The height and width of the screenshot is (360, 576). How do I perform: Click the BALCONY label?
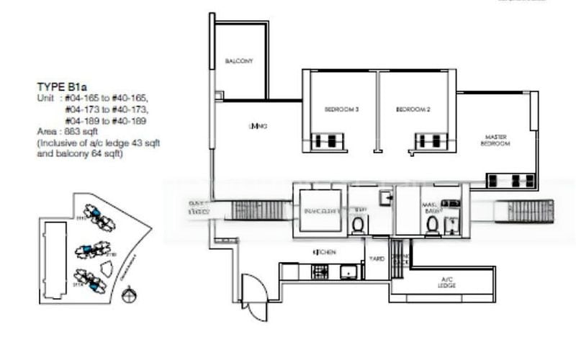[x=237, y=61]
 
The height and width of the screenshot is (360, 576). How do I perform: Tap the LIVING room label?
[x=258, y=127]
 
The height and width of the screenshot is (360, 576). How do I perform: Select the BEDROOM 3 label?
[x=341, y=109]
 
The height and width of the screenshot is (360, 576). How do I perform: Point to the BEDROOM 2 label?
[x=413, y=109]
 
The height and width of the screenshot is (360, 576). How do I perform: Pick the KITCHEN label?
[x=324, y=253]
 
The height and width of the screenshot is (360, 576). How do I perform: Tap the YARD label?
[x=376, y=258]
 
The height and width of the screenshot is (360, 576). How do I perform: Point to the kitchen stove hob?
[x=319, y=271]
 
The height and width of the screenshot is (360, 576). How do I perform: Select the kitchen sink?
[x=348, y=271]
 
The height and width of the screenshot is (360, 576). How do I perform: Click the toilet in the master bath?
[x=433, y=225]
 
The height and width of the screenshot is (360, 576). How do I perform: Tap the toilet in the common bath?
[x=358, y=225]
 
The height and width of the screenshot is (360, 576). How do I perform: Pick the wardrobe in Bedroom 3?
[x=328, y=141]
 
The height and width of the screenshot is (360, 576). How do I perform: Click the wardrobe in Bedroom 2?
[x=429, y=141]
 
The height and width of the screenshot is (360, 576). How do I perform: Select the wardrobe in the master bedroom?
[x=512, y=181]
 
